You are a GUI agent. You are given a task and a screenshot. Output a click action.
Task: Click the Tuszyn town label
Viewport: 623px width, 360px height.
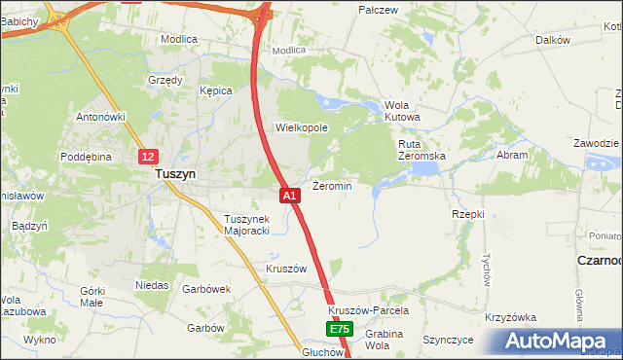coord(175,174)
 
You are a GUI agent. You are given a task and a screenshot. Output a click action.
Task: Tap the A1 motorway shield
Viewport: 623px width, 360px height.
coord(290,196)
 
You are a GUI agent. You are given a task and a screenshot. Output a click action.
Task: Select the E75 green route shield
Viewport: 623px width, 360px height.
coord(339,330)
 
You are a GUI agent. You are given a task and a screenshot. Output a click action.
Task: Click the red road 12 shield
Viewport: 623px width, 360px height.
coord(146,156)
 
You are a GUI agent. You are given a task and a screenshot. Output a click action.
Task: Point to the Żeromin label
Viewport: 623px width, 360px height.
coord(332,185)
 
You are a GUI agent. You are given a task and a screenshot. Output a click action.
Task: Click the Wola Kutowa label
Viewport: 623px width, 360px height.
coord(402,111)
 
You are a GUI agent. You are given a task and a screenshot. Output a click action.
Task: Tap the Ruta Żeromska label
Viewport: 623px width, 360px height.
coord(421,150)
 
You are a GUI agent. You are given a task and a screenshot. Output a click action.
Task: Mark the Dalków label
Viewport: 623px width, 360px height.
coord(552,40)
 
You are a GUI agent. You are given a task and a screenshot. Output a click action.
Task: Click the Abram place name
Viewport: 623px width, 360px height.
coord(512,155)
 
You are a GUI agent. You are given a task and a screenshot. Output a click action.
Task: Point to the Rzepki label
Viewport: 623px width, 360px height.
coord(468,213)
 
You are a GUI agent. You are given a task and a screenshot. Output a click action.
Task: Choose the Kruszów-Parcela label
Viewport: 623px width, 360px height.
coord(367,311)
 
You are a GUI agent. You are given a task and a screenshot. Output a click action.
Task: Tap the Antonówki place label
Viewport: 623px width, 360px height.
coord(102,117)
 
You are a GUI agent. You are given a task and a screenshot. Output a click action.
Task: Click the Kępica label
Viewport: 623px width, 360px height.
coord(216,90)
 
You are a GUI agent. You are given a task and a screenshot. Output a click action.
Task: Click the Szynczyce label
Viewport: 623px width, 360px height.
coord(448,341)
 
